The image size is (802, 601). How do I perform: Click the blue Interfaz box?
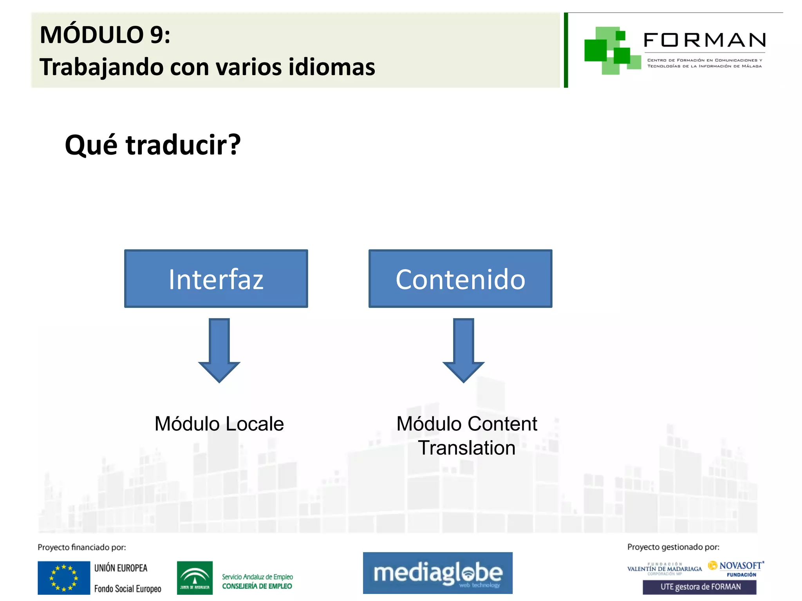click(216, 279)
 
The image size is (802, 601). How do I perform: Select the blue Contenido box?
click(460, 279)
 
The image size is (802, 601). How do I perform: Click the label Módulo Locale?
click(219, 424)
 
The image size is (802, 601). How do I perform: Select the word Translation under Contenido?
click(466, 448)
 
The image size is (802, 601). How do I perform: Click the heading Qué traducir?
click(153, 145)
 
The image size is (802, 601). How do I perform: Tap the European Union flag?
click(64, 578)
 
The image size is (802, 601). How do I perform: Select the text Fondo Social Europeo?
click(128, 588)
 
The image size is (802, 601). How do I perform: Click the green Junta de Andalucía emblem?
click(195, 578)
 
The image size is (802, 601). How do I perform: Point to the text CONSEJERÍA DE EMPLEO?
click(257, 586)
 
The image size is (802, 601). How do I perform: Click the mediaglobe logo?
click(437, 573)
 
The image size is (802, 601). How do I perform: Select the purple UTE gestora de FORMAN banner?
click(699, 587)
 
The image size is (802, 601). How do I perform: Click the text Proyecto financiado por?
click(81, 547)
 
